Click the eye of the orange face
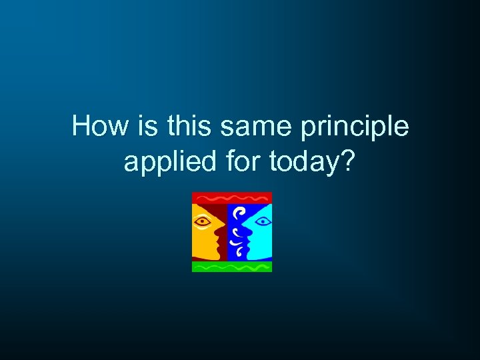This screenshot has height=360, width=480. [202, 220]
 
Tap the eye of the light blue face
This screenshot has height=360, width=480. [262, 220]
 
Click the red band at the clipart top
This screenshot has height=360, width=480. [232, 198]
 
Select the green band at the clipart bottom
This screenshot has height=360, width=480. [232, 267]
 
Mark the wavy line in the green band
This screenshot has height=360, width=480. [232, 267]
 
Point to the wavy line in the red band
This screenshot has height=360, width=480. [232, 198]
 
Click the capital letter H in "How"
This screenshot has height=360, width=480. [80, 126]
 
